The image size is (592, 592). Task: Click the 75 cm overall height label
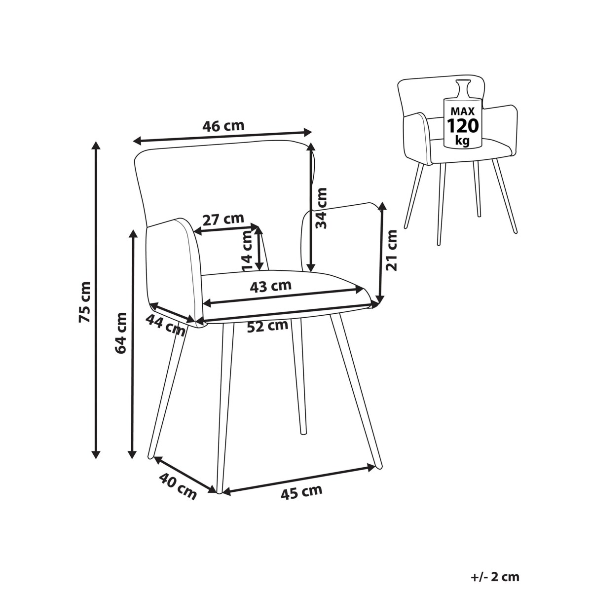coord(85,302)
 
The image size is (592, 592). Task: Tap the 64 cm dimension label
coord(120,333)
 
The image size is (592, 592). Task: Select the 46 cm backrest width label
coord(223,126)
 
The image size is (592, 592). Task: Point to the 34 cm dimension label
coord(322,208)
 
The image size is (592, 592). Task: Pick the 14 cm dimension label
coord(248,251)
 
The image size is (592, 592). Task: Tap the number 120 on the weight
coord(463,125)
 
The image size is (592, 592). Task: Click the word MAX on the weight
coord(463,111)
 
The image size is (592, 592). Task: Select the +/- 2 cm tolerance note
coord(495,551)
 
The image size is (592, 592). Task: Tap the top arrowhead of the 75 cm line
coord(96,146)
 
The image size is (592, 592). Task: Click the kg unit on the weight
coord(462,141)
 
